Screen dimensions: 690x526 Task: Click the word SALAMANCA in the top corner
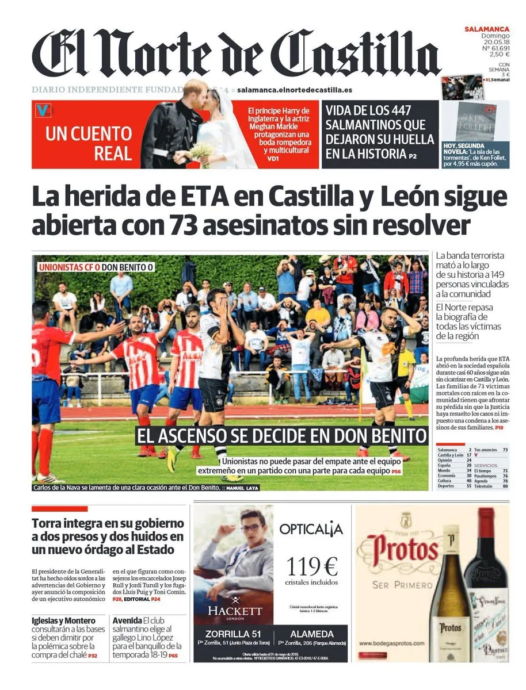tap(487, 29)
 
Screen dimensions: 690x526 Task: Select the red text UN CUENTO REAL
tap(89, 143)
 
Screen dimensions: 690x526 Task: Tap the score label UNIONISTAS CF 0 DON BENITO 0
tap(96, 267)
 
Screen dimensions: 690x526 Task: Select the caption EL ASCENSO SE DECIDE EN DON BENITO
tap(281, 436)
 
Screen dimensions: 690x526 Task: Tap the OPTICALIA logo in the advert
tap(311, 529)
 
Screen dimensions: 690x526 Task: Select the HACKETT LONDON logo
tap(234, 611)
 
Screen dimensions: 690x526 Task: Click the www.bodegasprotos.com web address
tap(392, 643)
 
